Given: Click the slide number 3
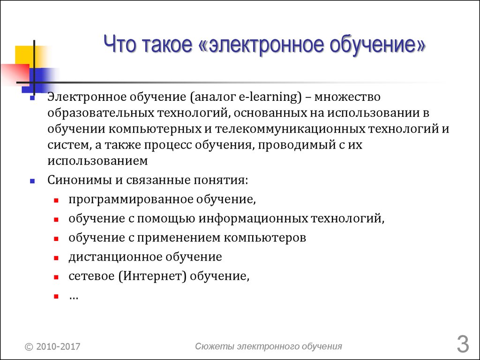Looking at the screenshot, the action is point(463,345).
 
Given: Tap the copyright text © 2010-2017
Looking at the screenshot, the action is point(52,346).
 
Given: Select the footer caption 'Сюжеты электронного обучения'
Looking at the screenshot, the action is point(269,346).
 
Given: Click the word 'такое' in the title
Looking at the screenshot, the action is point(167,44).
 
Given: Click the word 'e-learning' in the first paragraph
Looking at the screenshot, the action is point(268,97).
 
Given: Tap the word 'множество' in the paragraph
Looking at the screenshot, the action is point(347,97).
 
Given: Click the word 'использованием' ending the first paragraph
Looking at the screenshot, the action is point(97,161).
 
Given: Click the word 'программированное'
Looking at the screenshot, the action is point(131,200).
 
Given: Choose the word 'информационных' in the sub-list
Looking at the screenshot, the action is point(253,218).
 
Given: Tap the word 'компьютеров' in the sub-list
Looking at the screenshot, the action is point(265,238).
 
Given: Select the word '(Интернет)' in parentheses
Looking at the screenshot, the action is point(152,276).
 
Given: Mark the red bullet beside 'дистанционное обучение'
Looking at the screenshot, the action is point(56,258).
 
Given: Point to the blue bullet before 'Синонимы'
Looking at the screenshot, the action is point(32,181).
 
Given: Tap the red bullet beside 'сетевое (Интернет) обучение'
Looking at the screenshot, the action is point(56,277).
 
